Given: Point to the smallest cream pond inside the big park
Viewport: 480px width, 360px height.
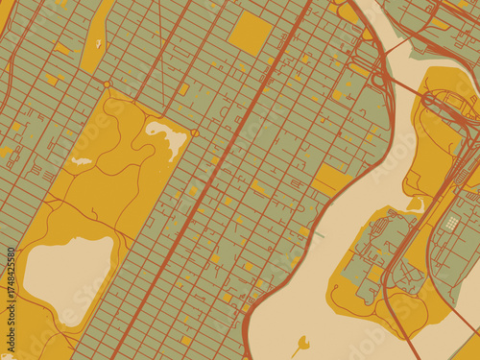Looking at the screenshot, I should (x=82, y=160).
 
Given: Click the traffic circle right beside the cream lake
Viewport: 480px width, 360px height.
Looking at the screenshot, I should (x=195, y=133).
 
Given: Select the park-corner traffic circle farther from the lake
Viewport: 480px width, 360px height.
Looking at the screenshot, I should (x=108, y=85).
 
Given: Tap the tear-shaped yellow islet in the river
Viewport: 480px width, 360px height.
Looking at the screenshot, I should (x=302, y=343).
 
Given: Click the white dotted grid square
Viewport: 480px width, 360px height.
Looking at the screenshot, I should (x=452, y=223).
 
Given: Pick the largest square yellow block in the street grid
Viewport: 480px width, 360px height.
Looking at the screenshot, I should (x=251, y=33).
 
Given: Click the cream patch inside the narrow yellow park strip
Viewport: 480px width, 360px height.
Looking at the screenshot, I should (x=98, y=43).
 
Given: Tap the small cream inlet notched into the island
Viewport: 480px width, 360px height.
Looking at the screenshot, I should (x=416, y=204).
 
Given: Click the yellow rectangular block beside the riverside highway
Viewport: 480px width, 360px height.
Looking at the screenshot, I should (x=331, y=179).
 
